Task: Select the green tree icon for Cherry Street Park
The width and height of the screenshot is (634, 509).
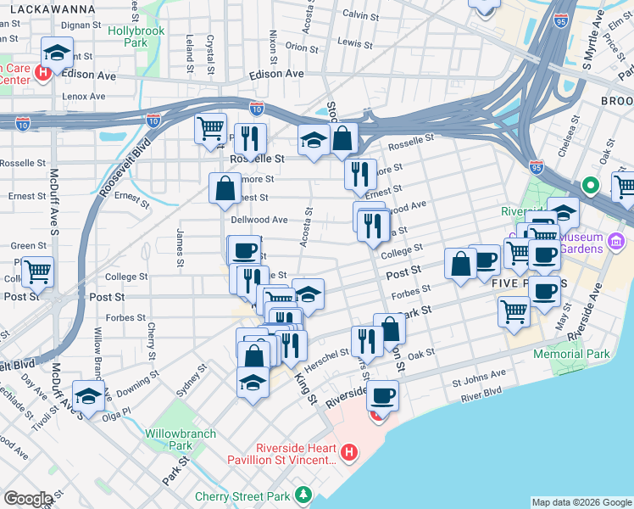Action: point(303,494)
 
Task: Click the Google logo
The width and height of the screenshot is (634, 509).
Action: point(28,499)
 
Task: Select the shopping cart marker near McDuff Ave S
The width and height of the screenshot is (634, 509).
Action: point(38,272)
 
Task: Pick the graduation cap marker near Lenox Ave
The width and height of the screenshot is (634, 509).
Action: point(57,53)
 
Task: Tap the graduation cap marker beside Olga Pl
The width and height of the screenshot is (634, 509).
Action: point(88,395)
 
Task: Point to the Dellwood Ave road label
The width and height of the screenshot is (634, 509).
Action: point(259,220)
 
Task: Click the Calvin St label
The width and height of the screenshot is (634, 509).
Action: point(360,15)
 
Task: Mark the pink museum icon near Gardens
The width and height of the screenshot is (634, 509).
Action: point(617,240)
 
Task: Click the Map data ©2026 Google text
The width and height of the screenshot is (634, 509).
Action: point(581,502)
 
